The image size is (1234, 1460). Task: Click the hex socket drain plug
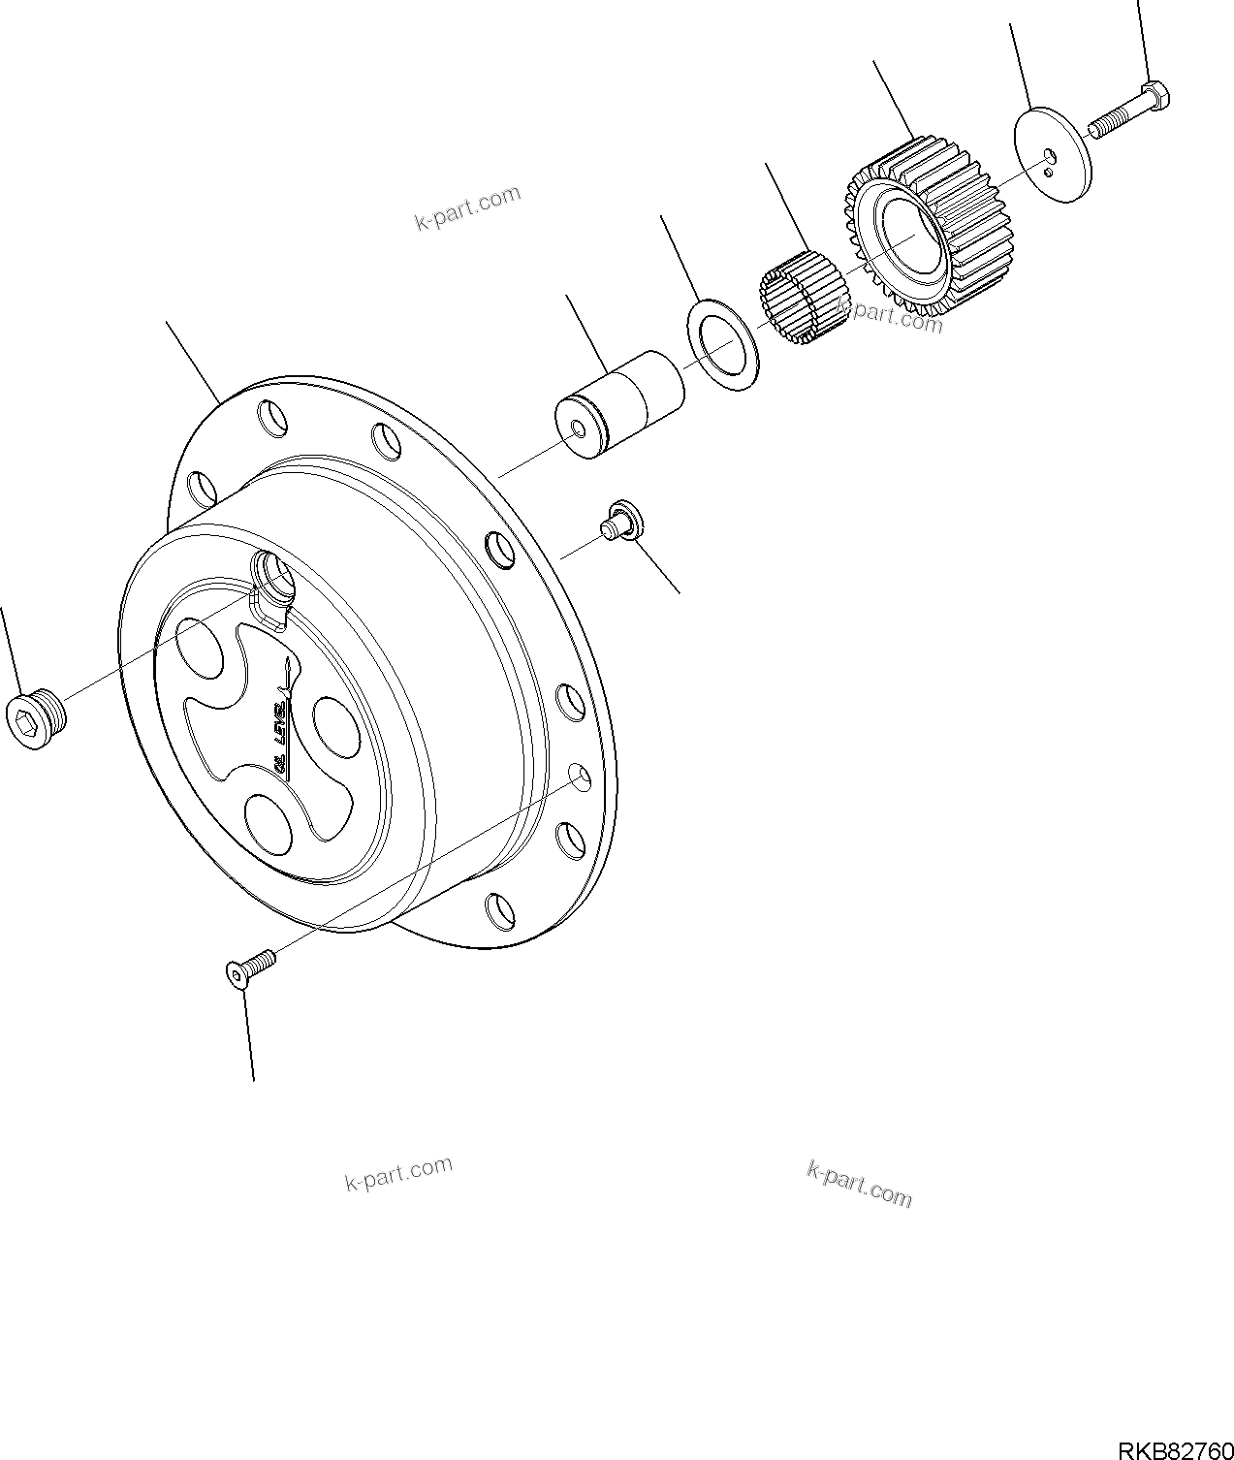[37, 717]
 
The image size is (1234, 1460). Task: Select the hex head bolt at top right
[1129, 111]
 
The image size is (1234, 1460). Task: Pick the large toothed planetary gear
[926, 231]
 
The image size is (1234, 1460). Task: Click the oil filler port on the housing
[272, 577]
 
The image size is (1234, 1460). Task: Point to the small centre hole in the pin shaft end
[579, 428]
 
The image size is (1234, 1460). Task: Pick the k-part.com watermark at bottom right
[859, 1184]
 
